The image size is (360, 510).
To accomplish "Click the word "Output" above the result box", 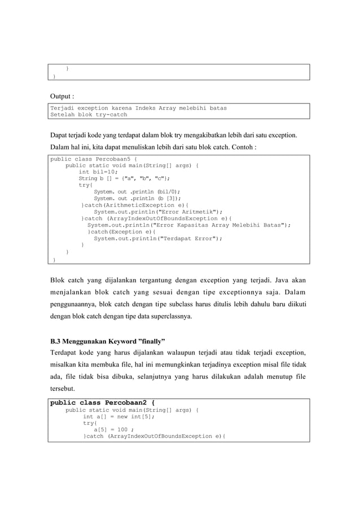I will [61, 96].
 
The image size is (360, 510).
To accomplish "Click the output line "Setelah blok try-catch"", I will [89, 115].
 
